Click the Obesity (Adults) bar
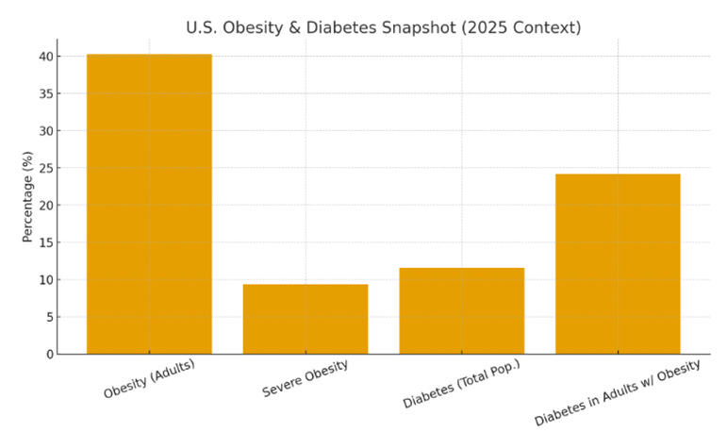tap(149, 204)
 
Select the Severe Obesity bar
tap(305, 319)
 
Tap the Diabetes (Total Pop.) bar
tap(461, 310)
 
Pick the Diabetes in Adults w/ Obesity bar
tap(618, 264)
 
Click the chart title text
tap(383, 27)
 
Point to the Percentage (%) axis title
tap(28, 196)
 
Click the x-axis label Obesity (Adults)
tap(149, 378)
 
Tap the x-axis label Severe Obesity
tap(305, 378)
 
